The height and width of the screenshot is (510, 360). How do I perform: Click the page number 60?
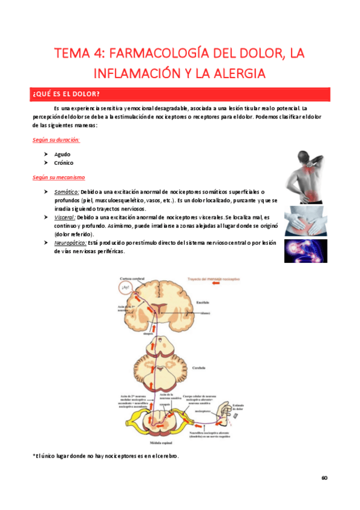[x=325, y=478]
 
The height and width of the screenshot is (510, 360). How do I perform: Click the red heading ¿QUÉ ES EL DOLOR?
[x=66, y=94]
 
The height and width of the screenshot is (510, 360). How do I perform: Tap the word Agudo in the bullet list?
[x=62, y=154]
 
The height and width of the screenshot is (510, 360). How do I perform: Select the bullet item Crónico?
[x=64, y=163]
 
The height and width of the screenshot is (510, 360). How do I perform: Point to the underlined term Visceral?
[x=66, y=216]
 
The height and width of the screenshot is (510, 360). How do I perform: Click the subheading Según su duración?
[x=56, y=140]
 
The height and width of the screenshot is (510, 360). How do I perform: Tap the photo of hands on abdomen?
[x=306, y=220]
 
